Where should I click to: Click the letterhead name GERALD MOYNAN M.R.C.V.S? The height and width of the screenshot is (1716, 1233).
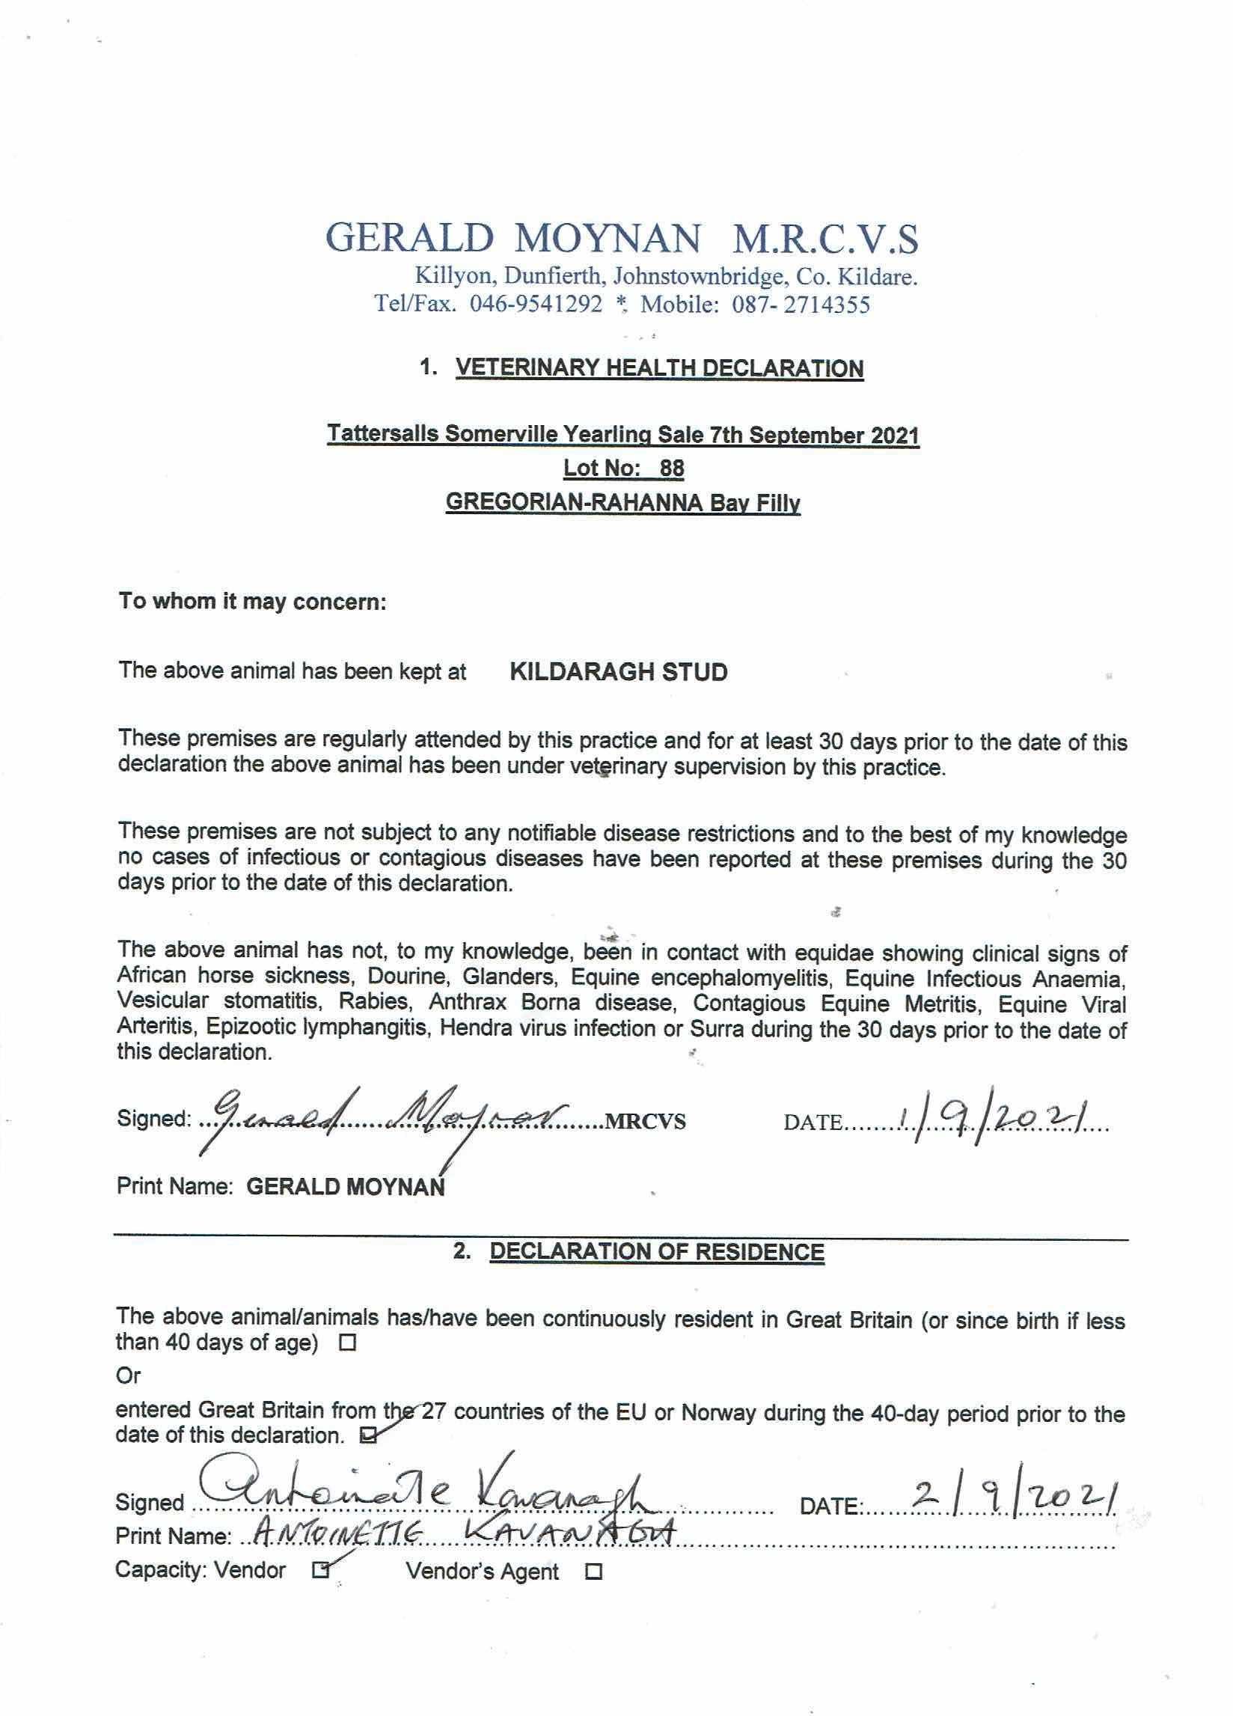click(622, 238)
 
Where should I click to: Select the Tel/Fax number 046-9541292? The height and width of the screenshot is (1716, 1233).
click(536, 305)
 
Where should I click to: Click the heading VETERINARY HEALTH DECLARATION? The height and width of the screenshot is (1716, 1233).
click(659, 368)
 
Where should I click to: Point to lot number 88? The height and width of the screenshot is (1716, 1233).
click(671, 468)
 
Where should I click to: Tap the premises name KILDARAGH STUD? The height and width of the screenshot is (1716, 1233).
click(619, 672)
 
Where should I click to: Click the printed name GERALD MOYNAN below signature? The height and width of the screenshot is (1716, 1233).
click(346, 1186)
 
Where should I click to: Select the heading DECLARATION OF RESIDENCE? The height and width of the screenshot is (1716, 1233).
click(657, 1251)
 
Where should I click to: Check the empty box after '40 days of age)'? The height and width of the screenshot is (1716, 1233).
click(348, 1344)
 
